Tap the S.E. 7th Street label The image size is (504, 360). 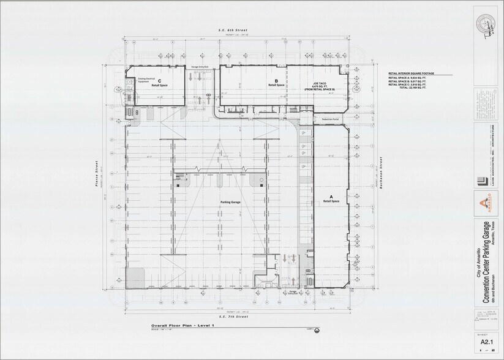point(235,317)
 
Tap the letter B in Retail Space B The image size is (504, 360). point(277,80)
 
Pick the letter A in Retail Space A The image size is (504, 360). point(331,196)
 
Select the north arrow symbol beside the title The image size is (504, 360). point(316,331)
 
